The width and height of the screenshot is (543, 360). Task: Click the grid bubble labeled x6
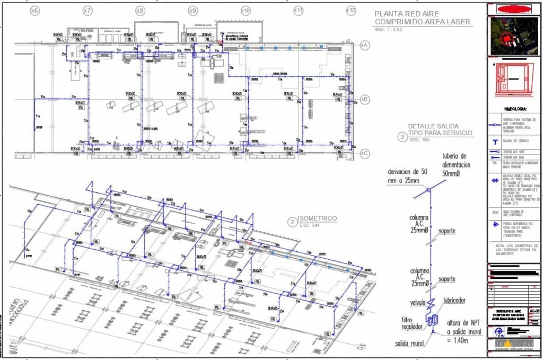click(x=35, y=11)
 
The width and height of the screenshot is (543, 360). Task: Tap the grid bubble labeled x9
click(x=193, y=11)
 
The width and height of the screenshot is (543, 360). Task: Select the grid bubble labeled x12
click(x=351, y=11)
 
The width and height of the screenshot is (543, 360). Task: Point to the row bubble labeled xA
click(x=364, y=46)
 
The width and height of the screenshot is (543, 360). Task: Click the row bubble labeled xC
click(x=364, y=153)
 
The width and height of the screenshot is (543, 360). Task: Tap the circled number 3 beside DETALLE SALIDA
click(x=401, y=136)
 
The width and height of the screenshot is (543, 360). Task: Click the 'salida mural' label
click(x=409, y=344)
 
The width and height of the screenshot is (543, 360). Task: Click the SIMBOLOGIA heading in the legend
click(x=514, y=109)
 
